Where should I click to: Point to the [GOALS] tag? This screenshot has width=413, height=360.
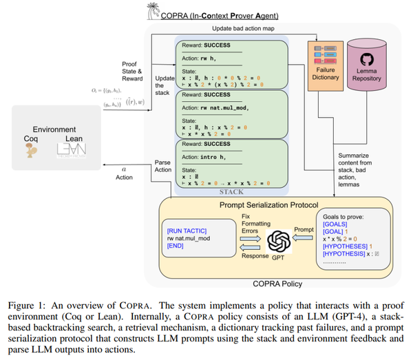tap(335, 224)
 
